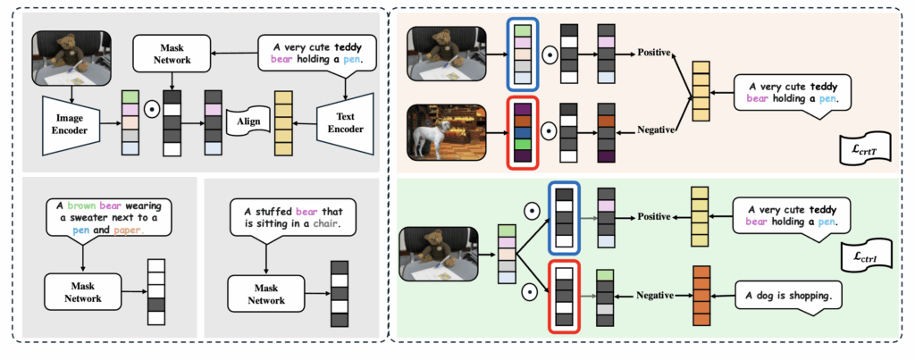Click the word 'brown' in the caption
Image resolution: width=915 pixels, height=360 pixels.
[75, 203]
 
